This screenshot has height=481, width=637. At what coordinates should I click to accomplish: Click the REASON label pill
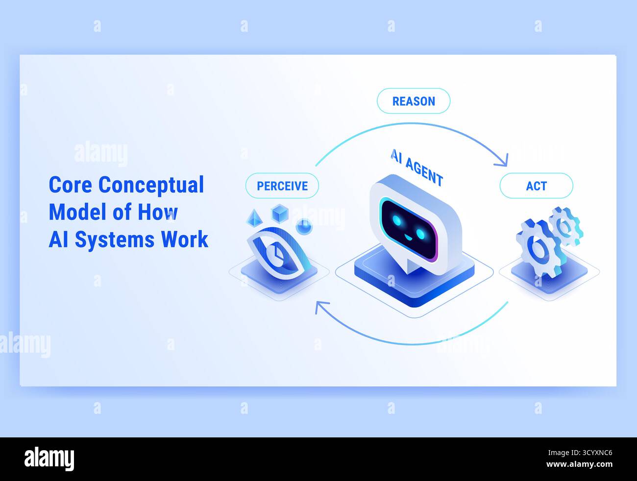(x=413, y=101)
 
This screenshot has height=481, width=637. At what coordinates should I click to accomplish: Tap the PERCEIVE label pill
(x=282, y=186)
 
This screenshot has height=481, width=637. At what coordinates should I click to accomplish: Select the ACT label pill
(x=536, y=186)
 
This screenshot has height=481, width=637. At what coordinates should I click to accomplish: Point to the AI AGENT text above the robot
(x=417, y=168)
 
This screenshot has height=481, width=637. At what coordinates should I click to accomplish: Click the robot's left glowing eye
(x=397, y=220)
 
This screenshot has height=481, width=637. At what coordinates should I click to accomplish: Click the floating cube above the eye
(x=279, y=213)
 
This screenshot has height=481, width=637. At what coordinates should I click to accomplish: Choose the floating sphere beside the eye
(x=304, y=227)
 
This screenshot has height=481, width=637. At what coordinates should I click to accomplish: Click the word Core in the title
(x=71, y=185)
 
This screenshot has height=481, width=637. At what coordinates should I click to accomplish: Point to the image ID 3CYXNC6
(x=590, y=454)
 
